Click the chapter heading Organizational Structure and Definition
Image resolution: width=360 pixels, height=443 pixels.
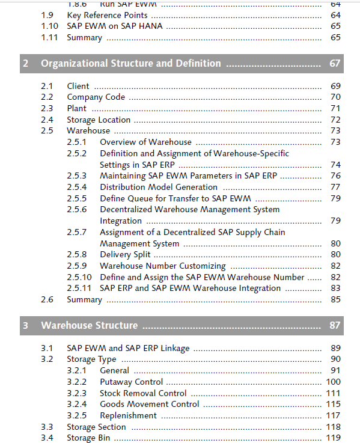[131, 63]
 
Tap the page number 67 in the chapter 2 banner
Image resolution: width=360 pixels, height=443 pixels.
[335, 63]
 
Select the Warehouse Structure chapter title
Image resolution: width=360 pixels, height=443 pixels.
[90, 325]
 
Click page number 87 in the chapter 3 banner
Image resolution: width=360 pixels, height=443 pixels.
[335, 325]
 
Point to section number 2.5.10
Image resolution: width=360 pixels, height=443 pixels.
[79, 277]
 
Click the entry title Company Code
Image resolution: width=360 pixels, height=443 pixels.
[96, 97]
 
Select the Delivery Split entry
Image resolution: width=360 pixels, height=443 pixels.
[125, 254]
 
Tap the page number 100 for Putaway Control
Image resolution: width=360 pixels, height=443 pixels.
[333, 382]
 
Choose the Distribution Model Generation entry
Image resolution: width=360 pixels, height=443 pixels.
[159, 187]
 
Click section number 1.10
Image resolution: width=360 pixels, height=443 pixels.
[49, 26]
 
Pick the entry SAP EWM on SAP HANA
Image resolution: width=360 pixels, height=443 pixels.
[115, 26]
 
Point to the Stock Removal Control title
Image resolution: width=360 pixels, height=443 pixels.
[143, 393]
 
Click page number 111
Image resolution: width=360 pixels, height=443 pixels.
[333, 393]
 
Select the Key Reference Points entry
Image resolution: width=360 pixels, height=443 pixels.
[107, 15]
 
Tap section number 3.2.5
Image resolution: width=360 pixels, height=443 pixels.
[76, 415]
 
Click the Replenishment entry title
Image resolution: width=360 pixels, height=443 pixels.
[128, 415]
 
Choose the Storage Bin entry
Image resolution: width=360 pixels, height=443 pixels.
[88, 438]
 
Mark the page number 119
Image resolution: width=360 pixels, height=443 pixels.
[333, 438]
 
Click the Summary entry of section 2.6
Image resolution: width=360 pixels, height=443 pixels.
[84, 299]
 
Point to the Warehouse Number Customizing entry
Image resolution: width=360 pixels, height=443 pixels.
[163, 266]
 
